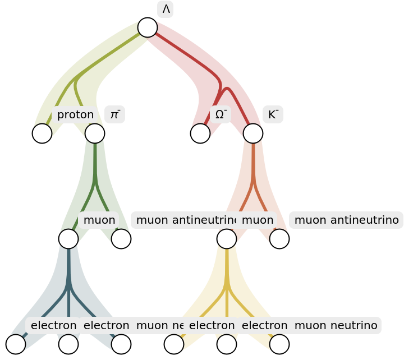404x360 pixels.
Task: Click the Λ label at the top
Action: (x=166, y=10)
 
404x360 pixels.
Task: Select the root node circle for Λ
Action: (x=148, y=27)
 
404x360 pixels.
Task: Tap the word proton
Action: (x=75, y=115)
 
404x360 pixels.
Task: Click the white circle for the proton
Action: (x=42, y=133)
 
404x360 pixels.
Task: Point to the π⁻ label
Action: (x=114, y=115)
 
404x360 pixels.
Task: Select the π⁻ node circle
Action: (x=95, y=133)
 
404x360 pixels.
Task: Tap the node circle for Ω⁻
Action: (x=200, y=133)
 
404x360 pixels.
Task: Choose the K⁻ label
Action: (x=273, y=115)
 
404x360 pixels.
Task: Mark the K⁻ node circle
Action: (x=253, y=133)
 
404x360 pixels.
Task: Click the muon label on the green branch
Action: (x=99, y=220)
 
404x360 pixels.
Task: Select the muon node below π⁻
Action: (x=68, y=239)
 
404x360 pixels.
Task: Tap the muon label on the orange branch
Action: (x=258, y=220)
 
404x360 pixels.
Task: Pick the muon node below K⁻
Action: (x=227, y=239)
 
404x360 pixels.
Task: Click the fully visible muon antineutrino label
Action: (x=346, y=220)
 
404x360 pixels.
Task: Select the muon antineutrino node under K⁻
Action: (x=279, y=239)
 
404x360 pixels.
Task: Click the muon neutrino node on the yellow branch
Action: (x=279, y=344)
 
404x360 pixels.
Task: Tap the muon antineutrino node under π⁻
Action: (x=121, y=239)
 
